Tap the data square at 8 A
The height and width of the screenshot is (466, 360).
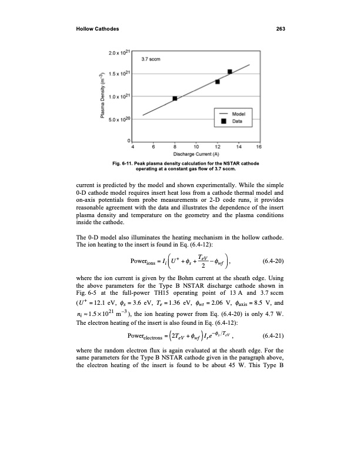click(175, 98)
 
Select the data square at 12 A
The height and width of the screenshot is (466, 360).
click(218, 81)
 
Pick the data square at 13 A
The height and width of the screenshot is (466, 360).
click(229, 72)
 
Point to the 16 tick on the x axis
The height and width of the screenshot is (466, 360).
click(259, 147)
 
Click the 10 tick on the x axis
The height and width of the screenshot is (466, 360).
click(196, 147)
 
